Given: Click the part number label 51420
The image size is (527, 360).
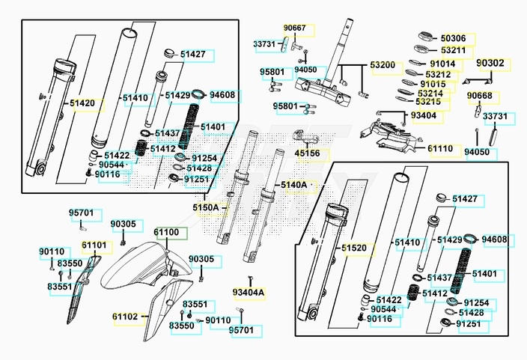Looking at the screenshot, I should [82, 103].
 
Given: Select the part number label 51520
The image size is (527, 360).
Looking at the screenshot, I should [355, 247].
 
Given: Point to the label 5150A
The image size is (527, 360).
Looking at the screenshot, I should [206, 207].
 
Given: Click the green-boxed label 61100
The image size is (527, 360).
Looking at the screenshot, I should [167, 234].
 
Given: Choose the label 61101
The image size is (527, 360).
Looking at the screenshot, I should [94, 245].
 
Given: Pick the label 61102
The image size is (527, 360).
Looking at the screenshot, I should [126, 317].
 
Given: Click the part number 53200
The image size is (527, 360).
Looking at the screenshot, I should [383, 65].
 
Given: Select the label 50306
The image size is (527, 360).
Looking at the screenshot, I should [453, 38].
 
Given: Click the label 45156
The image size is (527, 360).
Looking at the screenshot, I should [307, 153].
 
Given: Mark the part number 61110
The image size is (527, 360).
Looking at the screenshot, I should [440, 149].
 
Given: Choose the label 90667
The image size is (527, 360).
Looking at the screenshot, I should [294, 28].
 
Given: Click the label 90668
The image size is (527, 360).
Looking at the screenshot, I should [480, 96].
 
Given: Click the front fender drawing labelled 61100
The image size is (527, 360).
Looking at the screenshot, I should [142, 269].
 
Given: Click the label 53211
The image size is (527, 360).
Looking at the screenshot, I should [453, 50].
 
